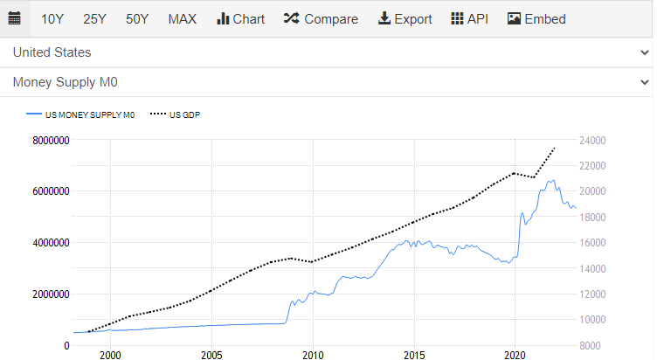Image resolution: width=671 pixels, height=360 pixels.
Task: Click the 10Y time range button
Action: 52,18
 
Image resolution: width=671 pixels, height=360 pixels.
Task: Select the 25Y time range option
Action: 94,18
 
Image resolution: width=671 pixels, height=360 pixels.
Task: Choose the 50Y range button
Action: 137,18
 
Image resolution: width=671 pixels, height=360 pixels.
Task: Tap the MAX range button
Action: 183,18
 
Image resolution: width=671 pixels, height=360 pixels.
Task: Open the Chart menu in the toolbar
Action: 240,18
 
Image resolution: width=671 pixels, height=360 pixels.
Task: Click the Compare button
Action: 321,18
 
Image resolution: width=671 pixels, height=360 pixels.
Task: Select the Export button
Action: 405,18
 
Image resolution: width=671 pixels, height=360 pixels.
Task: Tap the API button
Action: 470,18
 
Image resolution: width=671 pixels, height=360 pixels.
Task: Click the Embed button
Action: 536,18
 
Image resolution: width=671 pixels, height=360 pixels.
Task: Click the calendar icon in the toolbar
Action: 14,18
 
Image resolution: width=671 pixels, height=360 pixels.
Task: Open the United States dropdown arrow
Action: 645,52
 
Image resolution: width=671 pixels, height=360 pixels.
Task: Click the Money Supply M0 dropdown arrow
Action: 645,82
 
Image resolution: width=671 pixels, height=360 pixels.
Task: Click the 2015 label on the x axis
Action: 414,355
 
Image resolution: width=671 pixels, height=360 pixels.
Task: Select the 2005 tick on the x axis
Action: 211,355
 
